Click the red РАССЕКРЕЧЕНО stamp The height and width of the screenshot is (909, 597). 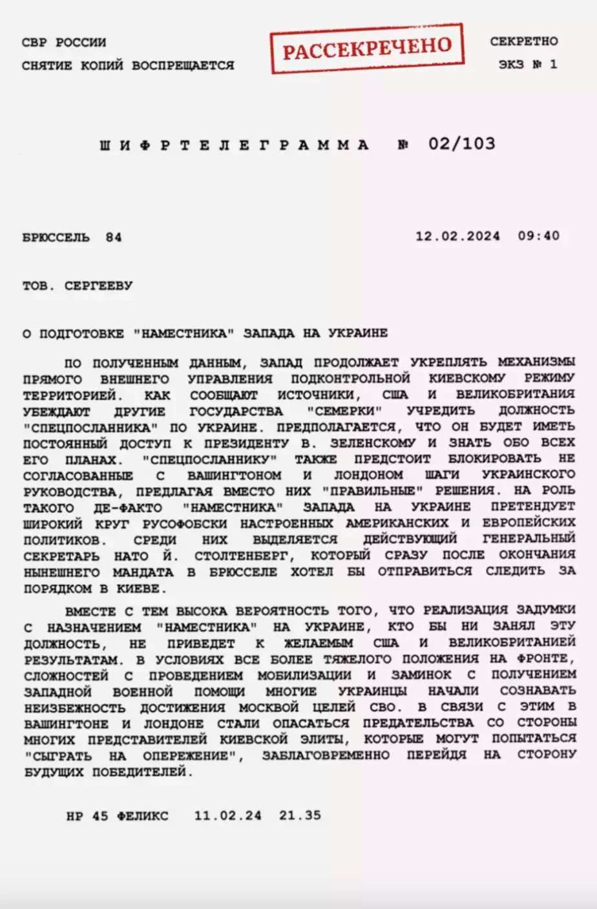[x=366, y=48]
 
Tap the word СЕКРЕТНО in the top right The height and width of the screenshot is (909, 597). [x=523, y=41]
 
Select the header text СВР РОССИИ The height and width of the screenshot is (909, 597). [x=64, y=43]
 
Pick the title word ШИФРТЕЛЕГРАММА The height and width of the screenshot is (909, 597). [x=234, y=145]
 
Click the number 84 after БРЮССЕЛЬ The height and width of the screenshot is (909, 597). [x=114, y=237]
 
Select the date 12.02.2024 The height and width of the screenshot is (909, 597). [x=457, y=236]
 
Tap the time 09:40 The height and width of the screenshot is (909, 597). [x=538, y=236]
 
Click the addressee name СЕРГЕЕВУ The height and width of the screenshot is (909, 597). [x=98, y=286]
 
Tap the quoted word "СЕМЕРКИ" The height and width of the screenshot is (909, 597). [x=345, y=411]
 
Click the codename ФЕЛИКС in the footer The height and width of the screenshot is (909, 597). [x=142, y=816]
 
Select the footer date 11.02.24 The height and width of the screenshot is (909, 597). [x=227, y=816]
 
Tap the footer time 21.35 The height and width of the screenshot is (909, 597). [x=300, y=815]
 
